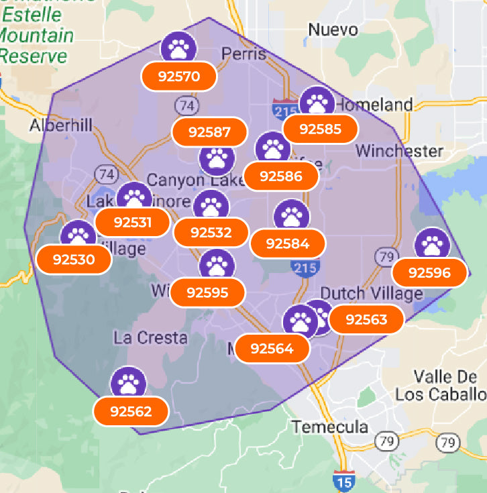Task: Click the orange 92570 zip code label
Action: [x=179, y=76]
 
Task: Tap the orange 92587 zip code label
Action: [x=211, y=132]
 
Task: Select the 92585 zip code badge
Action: [x=321, y=129]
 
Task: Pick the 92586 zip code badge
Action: [x=280, y=176]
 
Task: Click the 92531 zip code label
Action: [x=133, y=222]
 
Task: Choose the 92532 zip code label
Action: [x=211, y=233]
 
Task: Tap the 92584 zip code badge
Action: [x=288, y=243]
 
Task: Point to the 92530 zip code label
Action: [x=74, y=259]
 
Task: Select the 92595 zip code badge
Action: [x=208, y=292]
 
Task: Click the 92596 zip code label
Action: [x=429, y=272]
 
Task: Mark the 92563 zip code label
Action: [x=366, y=319]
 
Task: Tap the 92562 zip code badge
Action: [x=131, y=411]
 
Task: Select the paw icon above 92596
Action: [x=431, y=244]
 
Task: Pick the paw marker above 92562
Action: [x=127, y=383]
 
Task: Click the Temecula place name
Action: [x=329, y=427]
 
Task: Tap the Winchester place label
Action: [x=399, y=150]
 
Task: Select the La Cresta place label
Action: [x=150, y=337]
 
